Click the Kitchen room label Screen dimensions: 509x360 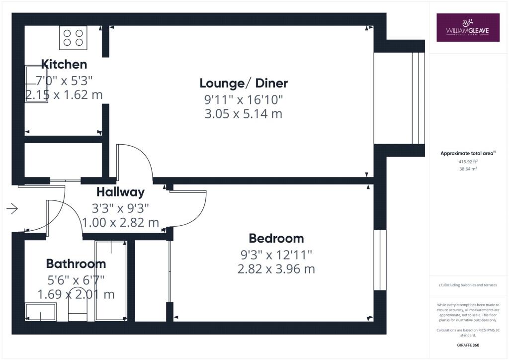[x=64, y=64]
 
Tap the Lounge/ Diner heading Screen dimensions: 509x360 [x=244, y=83]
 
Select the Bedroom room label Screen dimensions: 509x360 [x=276, y=238]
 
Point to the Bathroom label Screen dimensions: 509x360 [x=76, y=264]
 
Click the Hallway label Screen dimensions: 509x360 [x=120, y=192]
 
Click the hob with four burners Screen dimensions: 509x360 [x=73, y=38]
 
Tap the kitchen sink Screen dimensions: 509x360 [x=36, y=84]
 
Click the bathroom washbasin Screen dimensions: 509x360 [x=41, y=312]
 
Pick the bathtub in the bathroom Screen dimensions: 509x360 [x=111, y=281]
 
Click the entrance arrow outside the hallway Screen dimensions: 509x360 [x=12, y=208]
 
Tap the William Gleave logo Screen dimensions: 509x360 [x=468, y=27]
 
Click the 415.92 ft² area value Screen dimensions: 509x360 [x=468, y=161]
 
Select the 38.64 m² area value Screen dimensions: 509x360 [x=468, y=169]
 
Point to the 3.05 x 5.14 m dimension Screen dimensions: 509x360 [x=244, y=114]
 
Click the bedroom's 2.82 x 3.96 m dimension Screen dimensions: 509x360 [x=276, y=269]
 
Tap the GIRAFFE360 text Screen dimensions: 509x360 [x=468, y=345]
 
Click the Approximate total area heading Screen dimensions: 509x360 [x=468, y=153]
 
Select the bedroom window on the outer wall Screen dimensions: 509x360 [x=380, y=260]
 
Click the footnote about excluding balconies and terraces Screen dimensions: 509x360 [x=468, y=285]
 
